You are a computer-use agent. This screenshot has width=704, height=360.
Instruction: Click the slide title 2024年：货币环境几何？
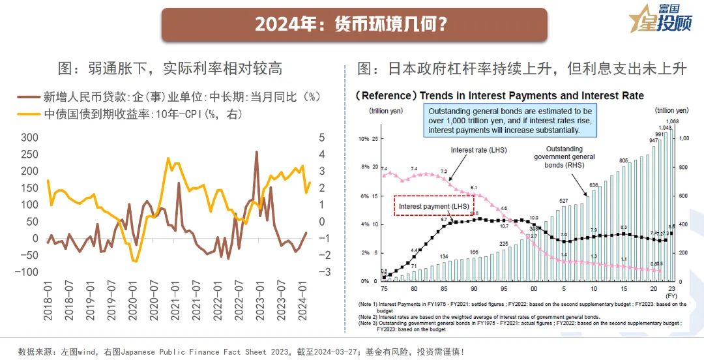coord(351,24)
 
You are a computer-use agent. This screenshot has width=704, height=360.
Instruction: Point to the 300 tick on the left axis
coord(30,138)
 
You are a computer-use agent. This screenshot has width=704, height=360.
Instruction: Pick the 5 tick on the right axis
coord(321,138)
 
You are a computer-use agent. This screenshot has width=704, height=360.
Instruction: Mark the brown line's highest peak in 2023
coord(256,152)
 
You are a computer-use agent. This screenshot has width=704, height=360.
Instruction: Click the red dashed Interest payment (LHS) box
coord(433,206)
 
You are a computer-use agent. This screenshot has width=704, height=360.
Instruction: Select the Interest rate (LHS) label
coord(478,150)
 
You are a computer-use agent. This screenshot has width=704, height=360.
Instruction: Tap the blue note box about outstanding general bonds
coord(510,121)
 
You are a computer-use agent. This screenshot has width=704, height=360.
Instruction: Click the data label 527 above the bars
coord(565,201)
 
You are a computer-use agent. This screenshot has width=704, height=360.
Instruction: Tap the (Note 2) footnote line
coord(482,316)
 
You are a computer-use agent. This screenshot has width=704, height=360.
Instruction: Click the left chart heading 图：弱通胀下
coord(169,68)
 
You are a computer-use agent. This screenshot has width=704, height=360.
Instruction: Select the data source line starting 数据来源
coord(241,352)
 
